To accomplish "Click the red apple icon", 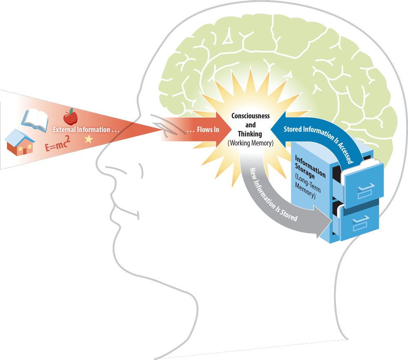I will [70, 117].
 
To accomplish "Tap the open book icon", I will [35, 119].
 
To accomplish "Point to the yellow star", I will [88, 139].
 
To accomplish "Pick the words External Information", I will [86, 130].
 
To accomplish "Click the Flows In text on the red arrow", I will [203, 130].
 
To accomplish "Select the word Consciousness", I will [251, 116].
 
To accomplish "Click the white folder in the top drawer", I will [359, 167].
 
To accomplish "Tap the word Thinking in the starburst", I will [250, 134].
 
